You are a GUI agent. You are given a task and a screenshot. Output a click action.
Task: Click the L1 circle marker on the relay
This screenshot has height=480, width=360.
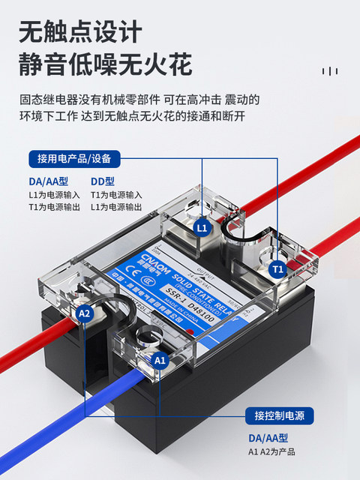coord(201,227)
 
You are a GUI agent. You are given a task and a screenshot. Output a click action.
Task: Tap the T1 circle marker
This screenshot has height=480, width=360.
coord(277,268)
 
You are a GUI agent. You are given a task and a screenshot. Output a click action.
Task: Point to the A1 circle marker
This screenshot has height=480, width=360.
coord(160,360)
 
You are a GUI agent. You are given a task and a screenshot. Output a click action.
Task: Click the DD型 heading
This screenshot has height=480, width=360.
coord(103,181)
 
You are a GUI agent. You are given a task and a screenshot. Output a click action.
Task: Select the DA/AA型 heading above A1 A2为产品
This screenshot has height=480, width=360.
coord(268,438)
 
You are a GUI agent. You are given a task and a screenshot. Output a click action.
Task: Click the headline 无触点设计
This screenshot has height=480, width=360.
coord(79,32)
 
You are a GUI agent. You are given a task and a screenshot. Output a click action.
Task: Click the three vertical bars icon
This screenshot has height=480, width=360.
coord(329,71)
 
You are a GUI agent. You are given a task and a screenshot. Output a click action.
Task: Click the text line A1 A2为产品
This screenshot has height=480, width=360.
coord(274,451)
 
